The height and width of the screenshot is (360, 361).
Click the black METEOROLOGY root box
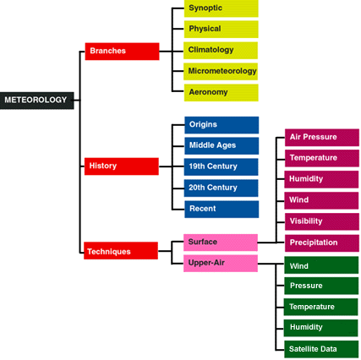coord(37,101)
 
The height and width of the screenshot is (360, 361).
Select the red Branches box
coord(122,52)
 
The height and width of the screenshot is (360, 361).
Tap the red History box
coord(122,166)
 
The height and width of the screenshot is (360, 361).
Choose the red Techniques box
coord(121,250)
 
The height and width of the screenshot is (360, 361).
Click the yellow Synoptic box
coord(222,8)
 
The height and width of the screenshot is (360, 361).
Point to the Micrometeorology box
coord(221,72)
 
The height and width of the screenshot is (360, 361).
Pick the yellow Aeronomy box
coord(222,93)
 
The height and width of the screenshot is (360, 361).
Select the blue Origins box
coord(222,125)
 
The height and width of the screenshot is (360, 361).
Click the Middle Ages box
coord(222,146)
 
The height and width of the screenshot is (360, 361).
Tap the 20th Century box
coord(221,188)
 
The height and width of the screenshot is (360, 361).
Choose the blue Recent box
coord(222,210)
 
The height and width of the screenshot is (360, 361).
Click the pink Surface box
coord(221,243)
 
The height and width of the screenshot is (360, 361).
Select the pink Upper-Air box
coord(221,264)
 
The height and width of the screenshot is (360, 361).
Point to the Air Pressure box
coord(322,138)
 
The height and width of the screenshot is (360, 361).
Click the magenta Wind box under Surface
coord(321,200)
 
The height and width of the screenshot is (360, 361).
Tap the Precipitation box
coord(322,243)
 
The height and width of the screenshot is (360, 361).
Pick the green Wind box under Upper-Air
coord(321,265)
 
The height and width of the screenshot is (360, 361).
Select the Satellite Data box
coord(321,349)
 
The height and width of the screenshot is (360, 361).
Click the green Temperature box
coord(320,307)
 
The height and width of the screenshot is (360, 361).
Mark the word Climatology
coord(211,50)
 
